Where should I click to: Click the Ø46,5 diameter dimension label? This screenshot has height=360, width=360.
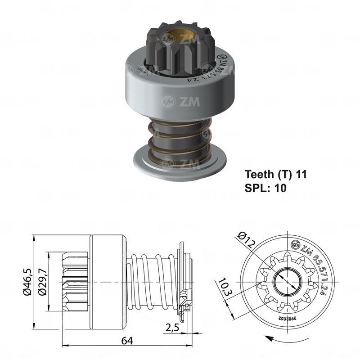click(28, 282)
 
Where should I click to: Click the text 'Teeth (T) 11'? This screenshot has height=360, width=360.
click(275, 174)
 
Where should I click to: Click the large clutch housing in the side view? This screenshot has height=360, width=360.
click(107, 281)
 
